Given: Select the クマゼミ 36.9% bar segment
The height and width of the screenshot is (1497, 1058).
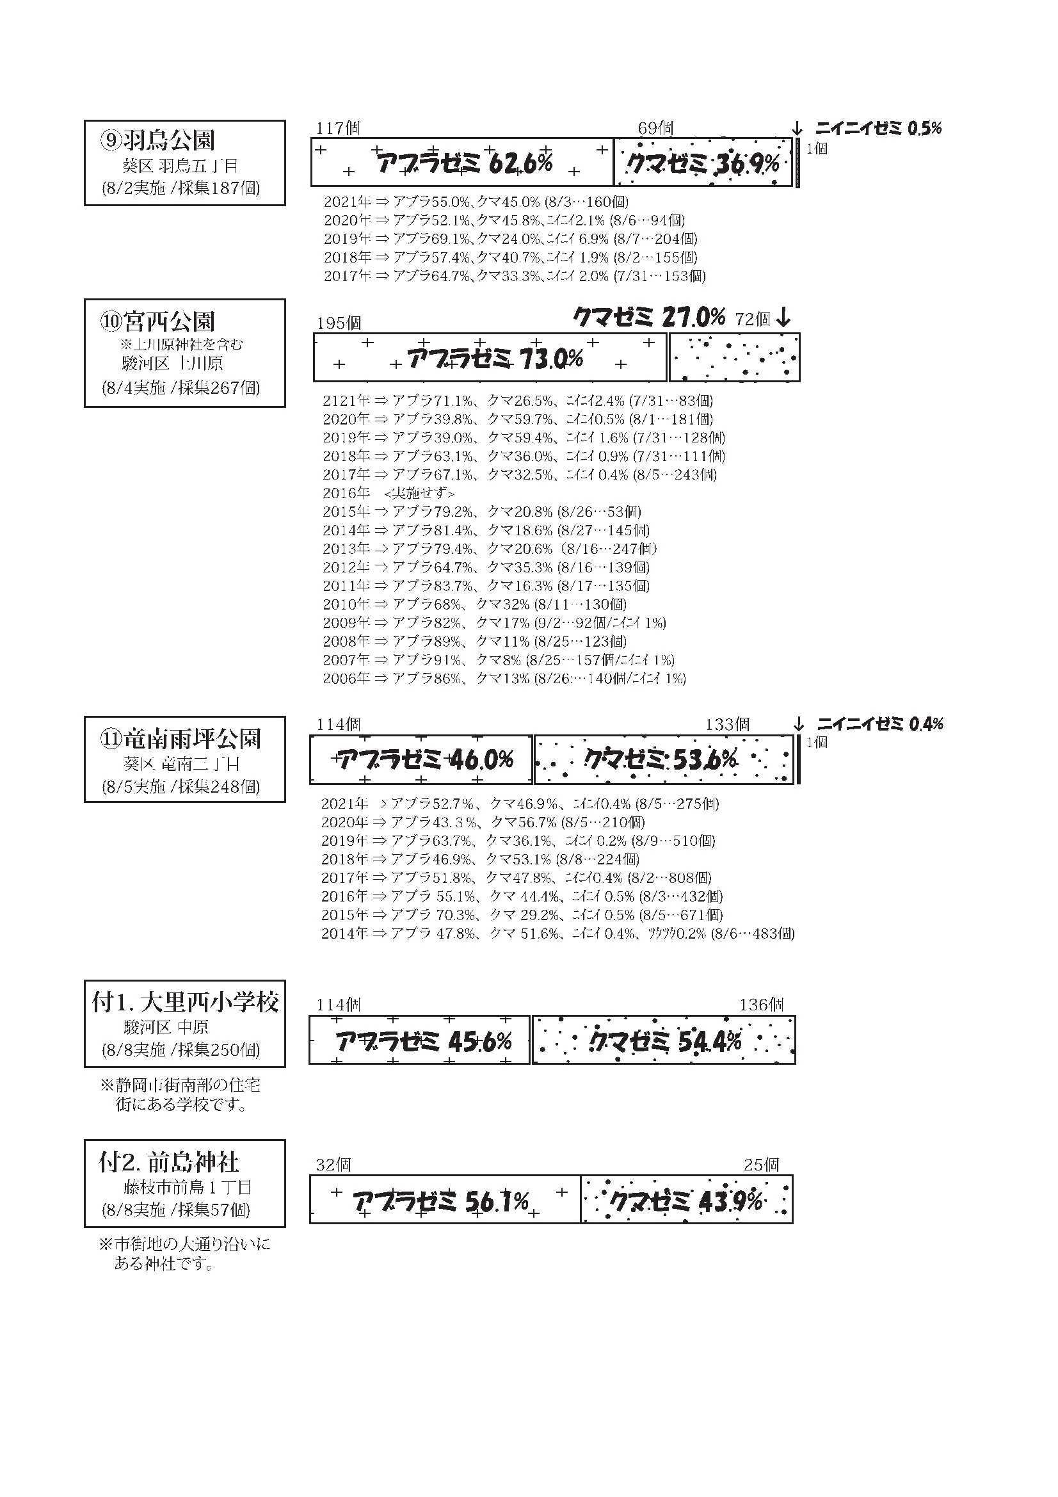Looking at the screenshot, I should click(703, 163).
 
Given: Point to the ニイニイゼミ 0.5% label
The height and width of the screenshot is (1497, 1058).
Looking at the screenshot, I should click(878, 129).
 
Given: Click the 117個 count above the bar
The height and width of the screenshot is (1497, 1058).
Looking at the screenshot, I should click(338, 129).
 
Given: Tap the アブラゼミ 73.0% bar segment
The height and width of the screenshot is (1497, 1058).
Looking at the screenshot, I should click(490, 357).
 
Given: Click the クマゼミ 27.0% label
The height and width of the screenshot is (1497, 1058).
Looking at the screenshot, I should click(649, 318).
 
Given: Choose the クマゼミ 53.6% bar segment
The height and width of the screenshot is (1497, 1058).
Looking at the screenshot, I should click(664, 759).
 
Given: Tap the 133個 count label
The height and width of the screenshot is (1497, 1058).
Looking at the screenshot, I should click(727, 724).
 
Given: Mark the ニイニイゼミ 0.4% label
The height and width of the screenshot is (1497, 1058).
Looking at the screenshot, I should click(879, 724).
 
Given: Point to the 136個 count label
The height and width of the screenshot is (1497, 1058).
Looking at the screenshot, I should click(761, 1005).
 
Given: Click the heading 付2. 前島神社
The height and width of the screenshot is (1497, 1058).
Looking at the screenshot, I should click(168, 1163).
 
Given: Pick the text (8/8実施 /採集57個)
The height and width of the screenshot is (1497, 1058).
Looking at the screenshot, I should click(175, 1210).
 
